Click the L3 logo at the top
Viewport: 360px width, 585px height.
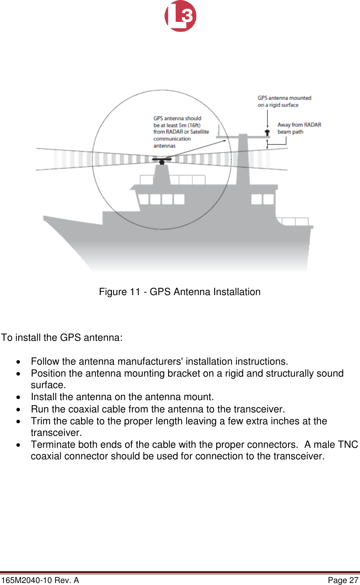[x=180, y=16]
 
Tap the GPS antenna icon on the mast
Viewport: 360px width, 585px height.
[x=267, y=132]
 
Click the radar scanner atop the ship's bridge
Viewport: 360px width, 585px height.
[x=162, y=160]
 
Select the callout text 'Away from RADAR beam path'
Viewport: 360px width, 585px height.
[x=299, y=128]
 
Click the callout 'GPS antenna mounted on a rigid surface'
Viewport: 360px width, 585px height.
[x=284, y=101]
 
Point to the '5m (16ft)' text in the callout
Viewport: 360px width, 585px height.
[x=190, y=125]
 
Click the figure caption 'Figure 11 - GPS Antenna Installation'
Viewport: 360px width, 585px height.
[x=180, y=292]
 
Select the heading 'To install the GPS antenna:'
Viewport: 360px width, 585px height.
[x=62, y=338]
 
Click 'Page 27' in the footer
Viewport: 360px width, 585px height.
[x=343, y=580]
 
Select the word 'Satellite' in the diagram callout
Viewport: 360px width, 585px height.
[x=199, y=132]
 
